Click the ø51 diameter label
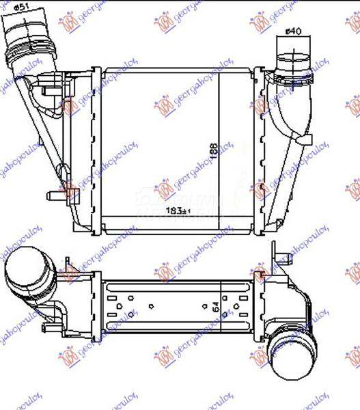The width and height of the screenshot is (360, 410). [21, 8]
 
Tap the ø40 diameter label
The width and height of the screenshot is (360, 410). [292, 31]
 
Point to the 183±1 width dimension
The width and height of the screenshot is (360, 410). [177, 211]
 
